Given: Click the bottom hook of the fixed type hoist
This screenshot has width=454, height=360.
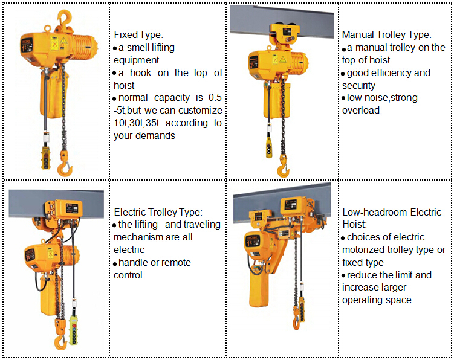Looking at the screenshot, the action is [64, 168].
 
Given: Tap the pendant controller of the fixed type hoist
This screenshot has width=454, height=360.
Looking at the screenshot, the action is [46, 158].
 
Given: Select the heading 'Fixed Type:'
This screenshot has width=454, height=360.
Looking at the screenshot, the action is [138, 34].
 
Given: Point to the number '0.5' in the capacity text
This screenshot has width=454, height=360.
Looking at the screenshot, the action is [215, 97].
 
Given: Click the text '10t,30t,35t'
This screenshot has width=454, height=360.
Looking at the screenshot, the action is [137, 123].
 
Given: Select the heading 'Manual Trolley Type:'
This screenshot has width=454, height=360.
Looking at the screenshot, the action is [386, 34].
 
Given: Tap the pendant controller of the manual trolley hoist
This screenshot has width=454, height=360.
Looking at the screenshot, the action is [269, 147].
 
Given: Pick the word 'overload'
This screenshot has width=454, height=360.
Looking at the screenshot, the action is [361, 111].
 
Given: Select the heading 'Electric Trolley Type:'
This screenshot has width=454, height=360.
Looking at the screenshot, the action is [158, 212].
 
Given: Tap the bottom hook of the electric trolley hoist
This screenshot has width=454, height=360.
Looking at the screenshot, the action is [60, 341].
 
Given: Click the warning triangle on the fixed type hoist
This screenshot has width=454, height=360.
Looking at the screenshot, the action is [63, 41].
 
